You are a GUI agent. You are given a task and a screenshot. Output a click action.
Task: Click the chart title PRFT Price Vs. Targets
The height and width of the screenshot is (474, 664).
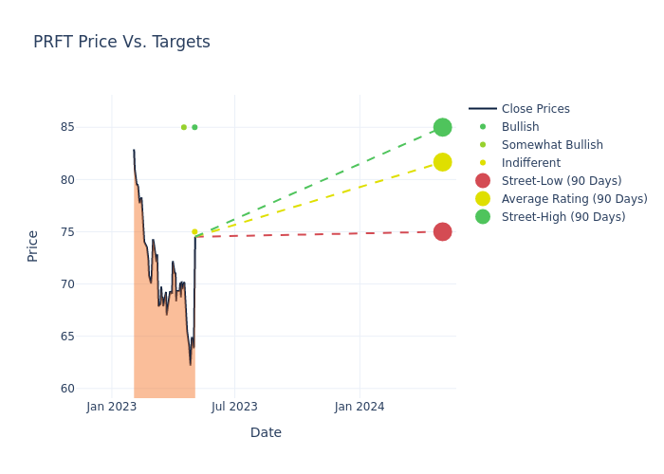121,42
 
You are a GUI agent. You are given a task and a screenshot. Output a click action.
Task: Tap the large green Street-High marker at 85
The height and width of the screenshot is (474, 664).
442,127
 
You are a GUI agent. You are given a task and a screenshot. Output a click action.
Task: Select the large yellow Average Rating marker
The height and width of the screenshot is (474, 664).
442,162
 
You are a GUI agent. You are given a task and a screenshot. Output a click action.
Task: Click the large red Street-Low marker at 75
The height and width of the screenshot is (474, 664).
442,231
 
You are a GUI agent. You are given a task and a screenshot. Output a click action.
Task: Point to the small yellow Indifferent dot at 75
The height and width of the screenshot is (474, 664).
194,231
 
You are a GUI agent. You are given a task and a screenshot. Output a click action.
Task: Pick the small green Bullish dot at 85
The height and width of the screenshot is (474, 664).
194,127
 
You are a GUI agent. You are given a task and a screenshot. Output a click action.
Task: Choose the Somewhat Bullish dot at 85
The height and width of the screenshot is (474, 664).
184,127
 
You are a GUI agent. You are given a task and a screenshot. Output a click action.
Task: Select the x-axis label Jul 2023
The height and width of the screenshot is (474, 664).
234,407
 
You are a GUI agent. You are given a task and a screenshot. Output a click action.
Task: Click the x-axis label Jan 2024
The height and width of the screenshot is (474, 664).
360,407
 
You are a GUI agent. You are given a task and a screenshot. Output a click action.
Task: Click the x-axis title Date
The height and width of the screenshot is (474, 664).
266,432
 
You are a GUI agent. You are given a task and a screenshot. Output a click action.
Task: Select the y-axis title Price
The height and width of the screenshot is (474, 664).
33,246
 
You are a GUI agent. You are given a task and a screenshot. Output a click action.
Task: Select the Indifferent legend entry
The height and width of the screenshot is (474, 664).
530,163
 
